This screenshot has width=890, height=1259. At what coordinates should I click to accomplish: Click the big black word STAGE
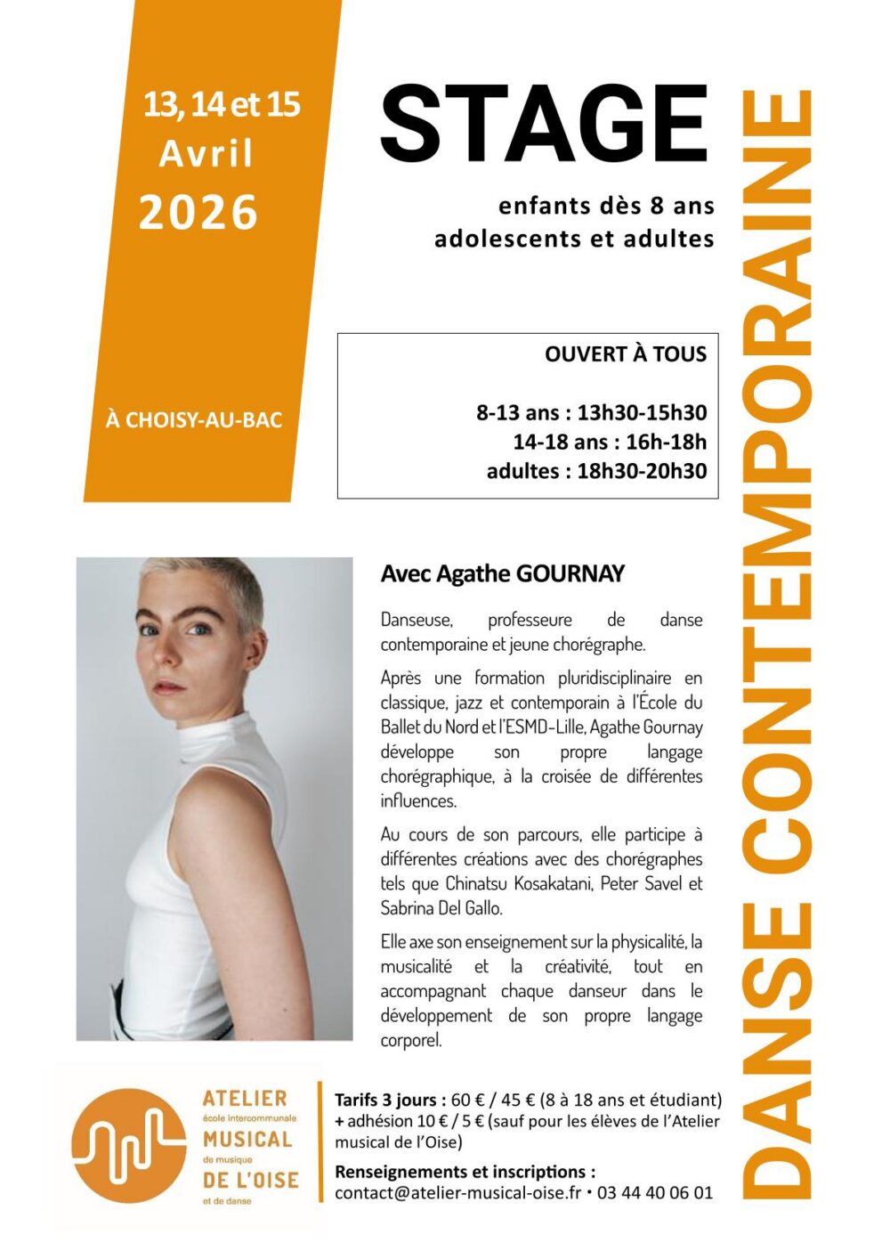point(544,125)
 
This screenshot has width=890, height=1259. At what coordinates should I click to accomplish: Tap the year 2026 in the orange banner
point(198,214)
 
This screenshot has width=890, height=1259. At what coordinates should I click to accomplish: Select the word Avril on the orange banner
point(206,154)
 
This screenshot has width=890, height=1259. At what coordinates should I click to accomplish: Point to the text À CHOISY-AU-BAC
point(194,419)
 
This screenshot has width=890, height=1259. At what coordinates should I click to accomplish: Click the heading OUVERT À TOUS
point(626,354)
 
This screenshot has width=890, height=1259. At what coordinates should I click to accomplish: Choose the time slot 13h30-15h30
point(642,412)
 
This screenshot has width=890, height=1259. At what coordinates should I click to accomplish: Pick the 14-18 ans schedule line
point(610,442)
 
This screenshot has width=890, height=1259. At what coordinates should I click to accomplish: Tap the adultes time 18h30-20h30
point(642,471)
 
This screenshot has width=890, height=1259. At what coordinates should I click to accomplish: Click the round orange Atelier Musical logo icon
point(130,1145)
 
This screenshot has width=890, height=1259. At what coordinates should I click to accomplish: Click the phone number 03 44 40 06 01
point(655,1193)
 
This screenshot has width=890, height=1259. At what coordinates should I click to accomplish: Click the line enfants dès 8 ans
point(606,207)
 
